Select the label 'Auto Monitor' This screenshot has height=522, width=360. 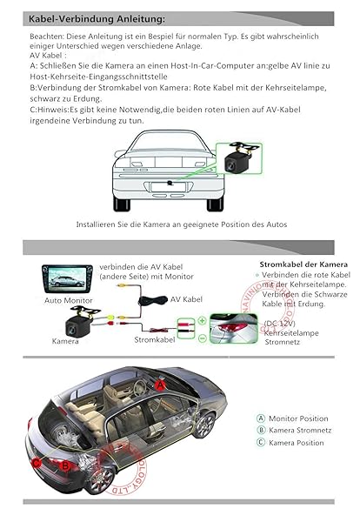tap(68, 300)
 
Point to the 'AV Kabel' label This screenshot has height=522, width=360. tap(186, 298)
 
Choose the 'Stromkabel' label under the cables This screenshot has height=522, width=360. tap(155, 339)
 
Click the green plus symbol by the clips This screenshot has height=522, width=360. tap(202, 320)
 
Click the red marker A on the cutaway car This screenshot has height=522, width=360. tap(160, 384)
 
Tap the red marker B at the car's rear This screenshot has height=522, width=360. tap(67, 465)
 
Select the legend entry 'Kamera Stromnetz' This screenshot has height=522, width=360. tap(300, 431)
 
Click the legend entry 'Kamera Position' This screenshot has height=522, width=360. tap(297, 443)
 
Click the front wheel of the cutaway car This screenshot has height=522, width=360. tap(204, 425)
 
